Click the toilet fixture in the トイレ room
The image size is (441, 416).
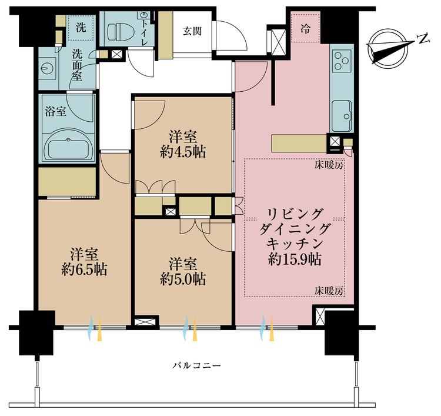point(120,31)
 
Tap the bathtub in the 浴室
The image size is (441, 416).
point(68,145)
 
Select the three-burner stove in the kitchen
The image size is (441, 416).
point(342,60)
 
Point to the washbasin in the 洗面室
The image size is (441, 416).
point(47,68)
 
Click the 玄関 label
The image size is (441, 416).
point(192,31)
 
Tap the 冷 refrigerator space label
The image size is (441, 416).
point(305,28)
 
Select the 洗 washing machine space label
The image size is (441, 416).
point(81,27)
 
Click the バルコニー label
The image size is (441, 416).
point(196,365)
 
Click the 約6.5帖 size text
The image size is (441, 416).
point(84,269)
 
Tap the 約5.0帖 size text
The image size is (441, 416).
point(183,279)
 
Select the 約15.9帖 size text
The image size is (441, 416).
point(295,259)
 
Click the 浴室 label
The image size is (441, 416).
point(56,111)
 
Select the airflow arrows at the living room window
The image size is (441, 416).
point(268,328)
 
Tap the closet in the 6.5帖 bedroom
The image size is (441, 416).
point(67,182)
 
